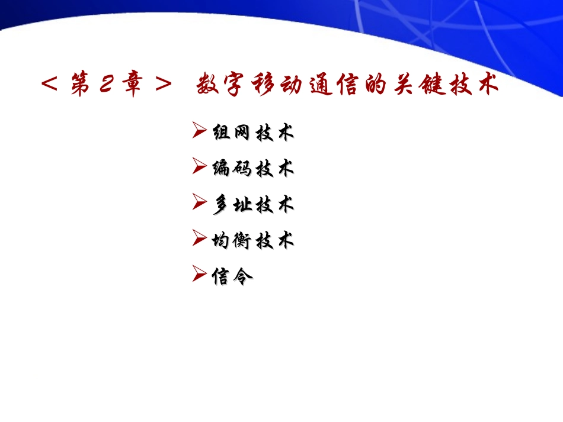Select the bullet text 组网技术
click(x=253, y=133)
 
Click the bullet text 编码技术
click(x=253, y=169)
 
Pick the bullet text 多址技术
click(x=253, y=205)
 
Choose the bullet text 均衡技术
click(x=253, y=240)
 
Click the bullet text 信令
click(x=232, y=276)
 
